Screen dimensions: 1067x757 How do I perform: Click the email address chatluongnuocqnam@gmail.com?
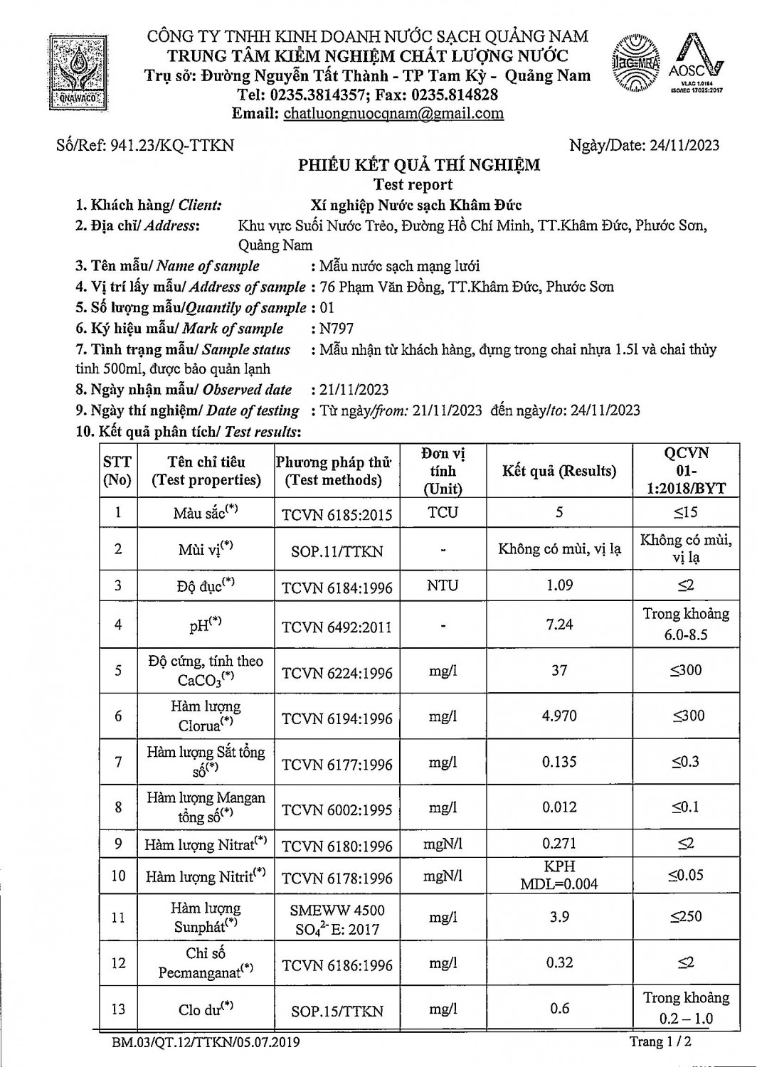[x=393, y=113]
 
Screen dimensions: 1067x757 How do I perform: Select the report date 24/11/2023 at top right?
[x=682, y=146]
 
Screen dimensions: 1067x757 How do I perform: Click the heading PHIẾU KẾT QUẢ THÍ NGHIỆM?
[x=418, y=165]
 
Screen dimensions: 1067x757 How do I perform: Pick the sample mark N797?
[x=337, y=329]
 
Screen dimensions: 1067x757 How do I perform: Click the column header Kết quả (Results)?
[x=559, y=471]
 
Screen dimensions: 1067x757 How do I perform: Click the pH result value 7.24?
[x=559, y=625]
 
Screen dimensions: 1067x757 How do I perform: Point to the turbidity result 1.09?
[x=559, y=585]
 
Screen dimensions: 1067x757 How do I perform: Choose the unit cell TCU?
[x=443, y=513]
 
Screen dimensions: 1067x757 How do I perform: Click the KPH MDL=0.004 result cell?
[x=559, y=876]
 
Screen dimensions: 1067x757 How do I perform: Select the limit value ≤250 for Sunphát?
[x=685, y=917]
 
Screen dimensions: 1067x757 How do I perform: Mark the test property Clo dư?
[x=206, y=1009]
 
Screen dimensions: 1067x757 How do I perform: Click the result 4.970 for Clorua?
[x=559, y=716]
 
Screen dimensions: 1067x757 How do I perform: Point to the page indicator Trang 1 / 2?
[x=660, y=1042]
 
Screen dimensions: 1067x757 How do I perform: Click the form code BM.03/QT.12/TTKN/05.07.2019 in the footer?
[x=206, y=1043]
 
